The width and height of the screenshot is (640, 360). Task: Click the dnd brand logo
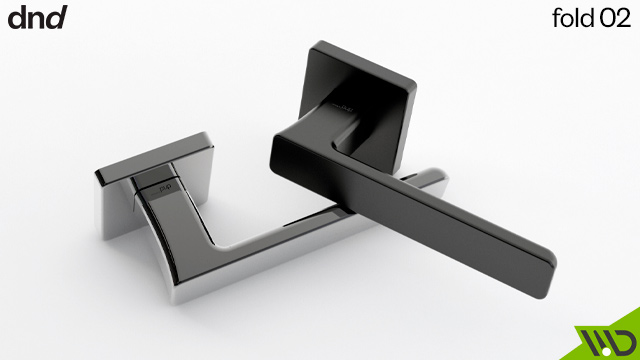[x=37, y=17]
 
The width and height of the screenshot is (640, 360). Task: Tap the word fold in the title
[x=573, y=19]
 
